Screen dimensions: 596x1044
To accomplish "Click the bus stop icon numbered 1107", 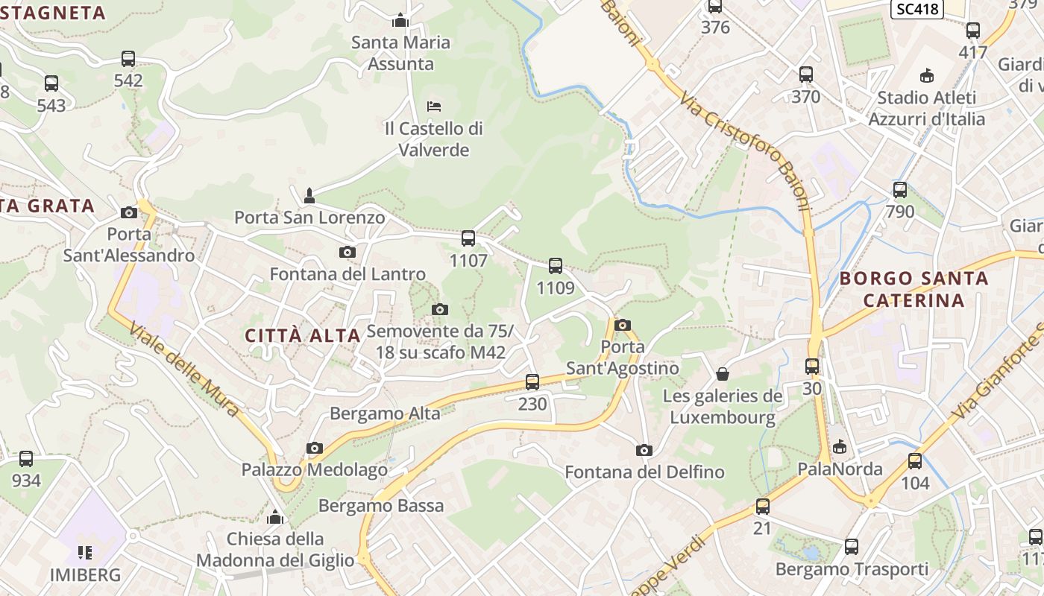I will [468, 238].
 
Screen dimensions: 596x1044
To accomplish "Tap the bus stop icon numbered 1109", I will [556, 266].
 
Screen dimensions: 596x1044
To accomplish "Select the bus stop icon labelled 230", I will [532, 382].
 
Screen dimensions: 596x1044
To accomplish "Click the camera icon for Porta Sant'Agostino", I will [623, 325].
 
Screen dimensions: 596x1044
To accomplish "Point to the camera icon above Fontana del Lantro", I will [348, 252].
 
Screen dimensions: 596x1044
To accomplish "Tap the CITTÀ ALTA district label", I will [303, 335].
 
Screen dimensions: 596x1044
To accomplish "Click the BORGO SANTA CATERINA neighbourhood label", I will [914, 290].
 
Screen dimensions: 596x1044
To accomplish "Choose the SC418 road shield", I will [917, 9].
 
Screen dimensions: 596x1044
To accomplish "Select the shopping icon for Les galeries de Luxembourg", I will [723, 373].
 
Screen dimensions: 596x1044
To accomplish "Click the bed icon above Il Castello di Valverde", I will [434, 107].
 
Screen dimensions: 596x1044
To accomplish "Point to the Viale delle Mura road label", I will [185, 370].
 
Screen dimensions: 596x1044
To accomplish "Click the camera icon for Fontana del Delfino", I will [644, 450].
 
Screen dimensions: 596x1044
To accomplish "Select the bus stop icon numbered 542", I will [128, 59].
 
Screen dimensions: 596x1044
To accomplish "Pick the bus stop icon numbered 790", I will [900, 190].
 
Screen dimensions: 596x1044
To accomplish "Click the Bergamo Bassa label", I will [381, 506].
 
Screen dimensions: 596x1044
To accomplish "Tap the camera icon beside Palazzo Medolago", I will [315, 448].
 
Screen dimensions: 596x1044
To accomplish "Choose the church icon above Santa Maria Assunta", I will [401, 20].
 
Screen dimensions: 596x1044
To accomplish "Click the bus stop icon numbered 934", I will [26, 459].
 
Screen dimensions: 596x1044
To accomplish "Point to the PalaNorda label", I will [840, 469].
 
